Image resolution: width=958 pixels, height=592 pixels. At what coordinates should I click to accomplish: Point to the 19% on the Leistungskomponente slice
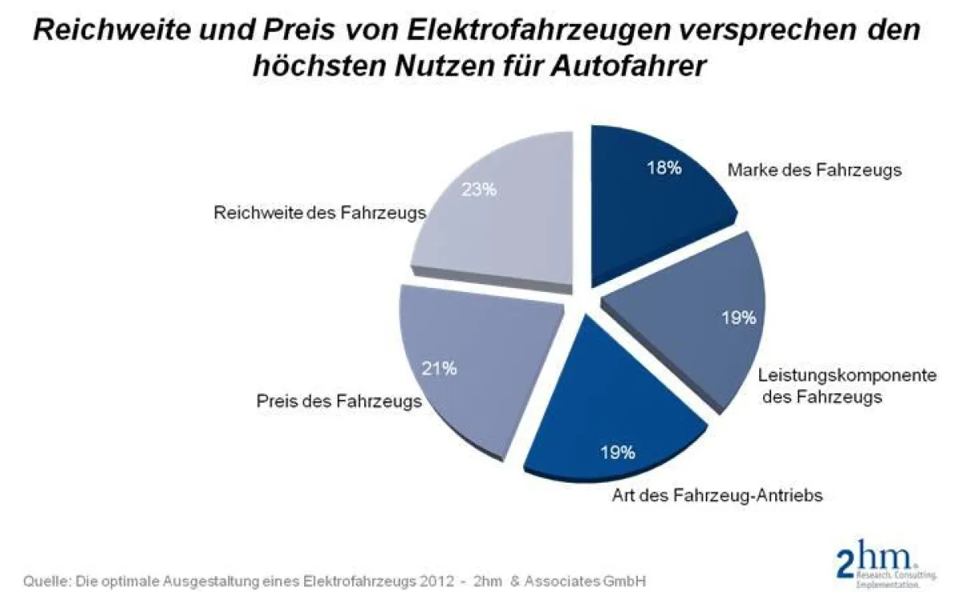click(738, 318)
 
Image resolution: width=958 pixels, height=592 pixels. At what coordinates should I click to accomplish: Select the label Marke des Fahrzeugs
click(814, 170)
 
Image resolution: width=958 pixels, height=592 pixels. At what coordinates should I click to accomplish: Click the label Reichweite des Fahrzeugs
click(319, 213)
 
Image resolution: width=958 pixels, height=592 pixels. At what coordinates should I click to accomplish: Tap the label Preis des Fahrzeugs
click(338, 401)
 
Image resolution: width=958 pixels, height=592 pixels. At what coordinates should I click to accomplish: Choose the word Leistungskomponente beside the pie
click(846, 375)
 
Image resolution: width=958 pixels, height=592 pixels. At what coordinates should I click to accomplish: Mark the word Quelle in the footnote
click(45, 579)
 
